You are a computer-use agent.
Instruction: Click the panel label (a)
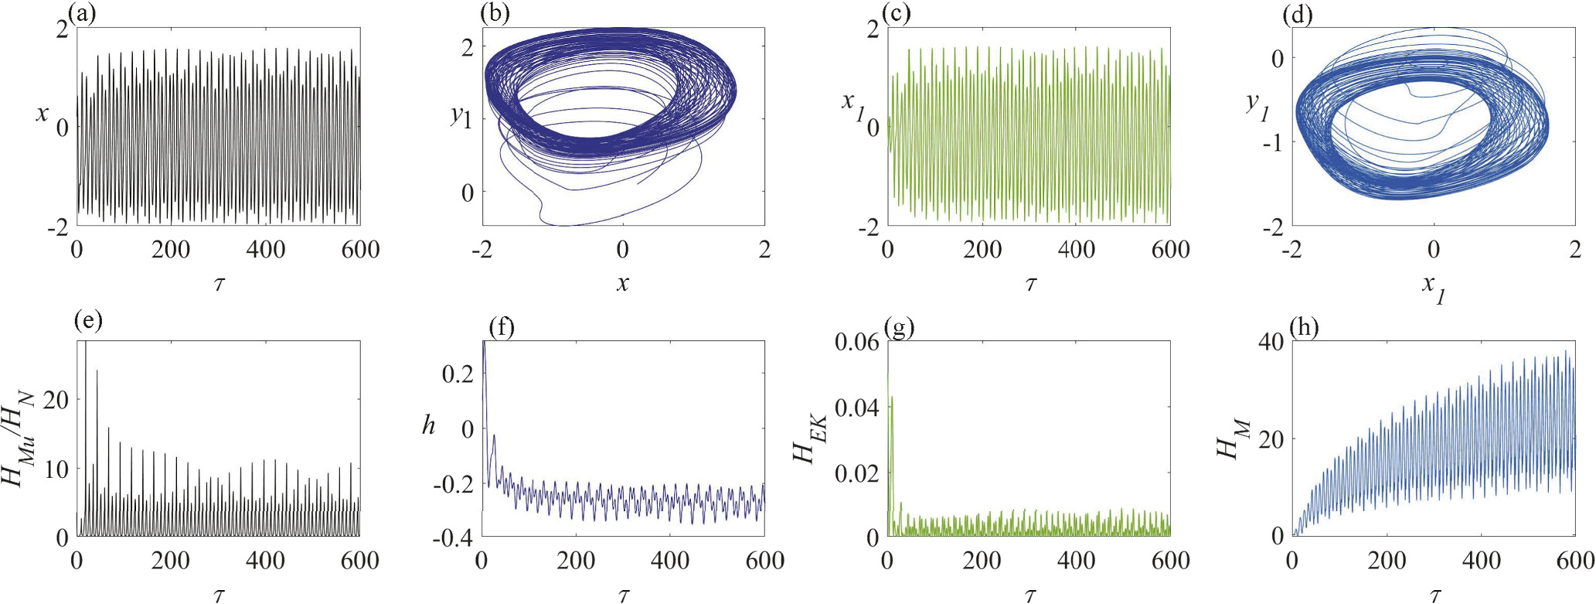click(82, 14)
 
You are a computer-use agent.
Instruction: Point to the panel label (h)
click(1305, 327)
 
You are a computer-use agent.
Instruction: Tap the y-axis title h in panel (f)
click(428, 425)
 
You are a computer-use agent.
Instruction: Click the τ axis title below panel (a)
click(219, 284)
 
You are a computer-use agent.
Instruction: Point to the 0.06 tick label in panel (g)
click(857, 342)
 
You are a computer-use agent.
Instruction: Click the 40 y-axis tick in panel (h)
click(1271, 342)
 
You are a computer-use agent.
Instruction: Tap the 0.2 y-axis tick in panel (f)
click(458, 374)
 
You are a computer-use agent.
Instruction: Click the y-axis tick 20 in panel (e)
click(56, 400)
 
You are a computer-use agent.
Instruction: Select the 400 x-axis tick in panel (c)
click(1076, 249)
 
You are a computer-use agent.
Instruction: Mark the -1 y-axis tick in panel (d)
click(1272, 143)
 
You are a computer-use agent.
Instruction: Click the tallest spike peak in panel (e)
click(86, 343)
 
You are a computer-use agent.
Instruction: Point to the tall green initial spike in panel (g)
click(892, 398)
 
